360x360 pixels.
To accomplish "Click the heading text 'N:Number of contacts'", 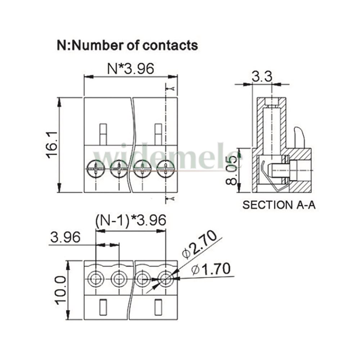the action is coord(127,45).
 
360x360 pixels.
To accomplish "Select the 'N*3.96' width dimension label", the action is coord(131,68).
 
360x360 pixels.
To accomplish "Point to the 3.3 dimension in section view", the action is coord(262,76).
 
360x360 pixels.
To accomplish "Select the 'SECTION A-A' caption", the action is coord(279,205).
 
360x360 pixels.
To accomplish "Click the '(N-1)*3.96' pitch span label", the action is coord(131,220).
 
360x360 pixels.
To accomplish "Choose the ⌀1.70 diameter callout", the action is coord(211,269).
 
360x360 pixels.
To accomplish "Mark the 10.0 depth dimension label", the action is coord(60,290).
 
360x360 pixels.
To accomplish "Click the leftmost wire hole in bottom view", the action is coord(96,279).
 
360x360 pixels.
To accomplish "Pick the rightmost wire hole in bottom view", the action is coord(166,279).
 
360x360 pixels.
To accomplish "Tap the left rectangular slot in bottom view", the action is coord(103,307).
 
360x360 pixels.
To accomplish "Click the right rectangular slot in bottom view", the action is coord(158,307).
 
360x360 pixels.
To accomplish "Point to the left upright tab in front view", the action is coord(103,135).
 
